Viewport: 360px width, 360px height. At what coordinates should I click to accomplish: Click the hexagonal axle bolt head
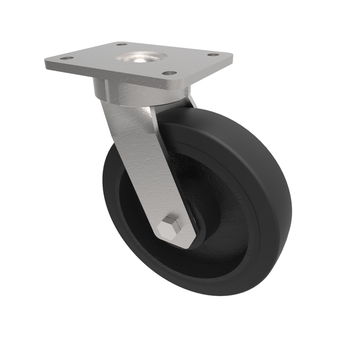[x=170, y=227]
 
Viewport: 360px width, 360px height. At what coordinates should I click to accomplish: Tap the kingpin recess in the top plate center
[x=140, y=58]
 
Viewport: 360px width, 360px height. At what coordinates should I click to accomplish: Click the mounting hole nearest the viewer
[x=168, y=72]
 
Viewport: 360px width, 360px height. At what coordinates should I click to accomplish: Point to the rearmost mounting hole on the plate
[x=121, y=44]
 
